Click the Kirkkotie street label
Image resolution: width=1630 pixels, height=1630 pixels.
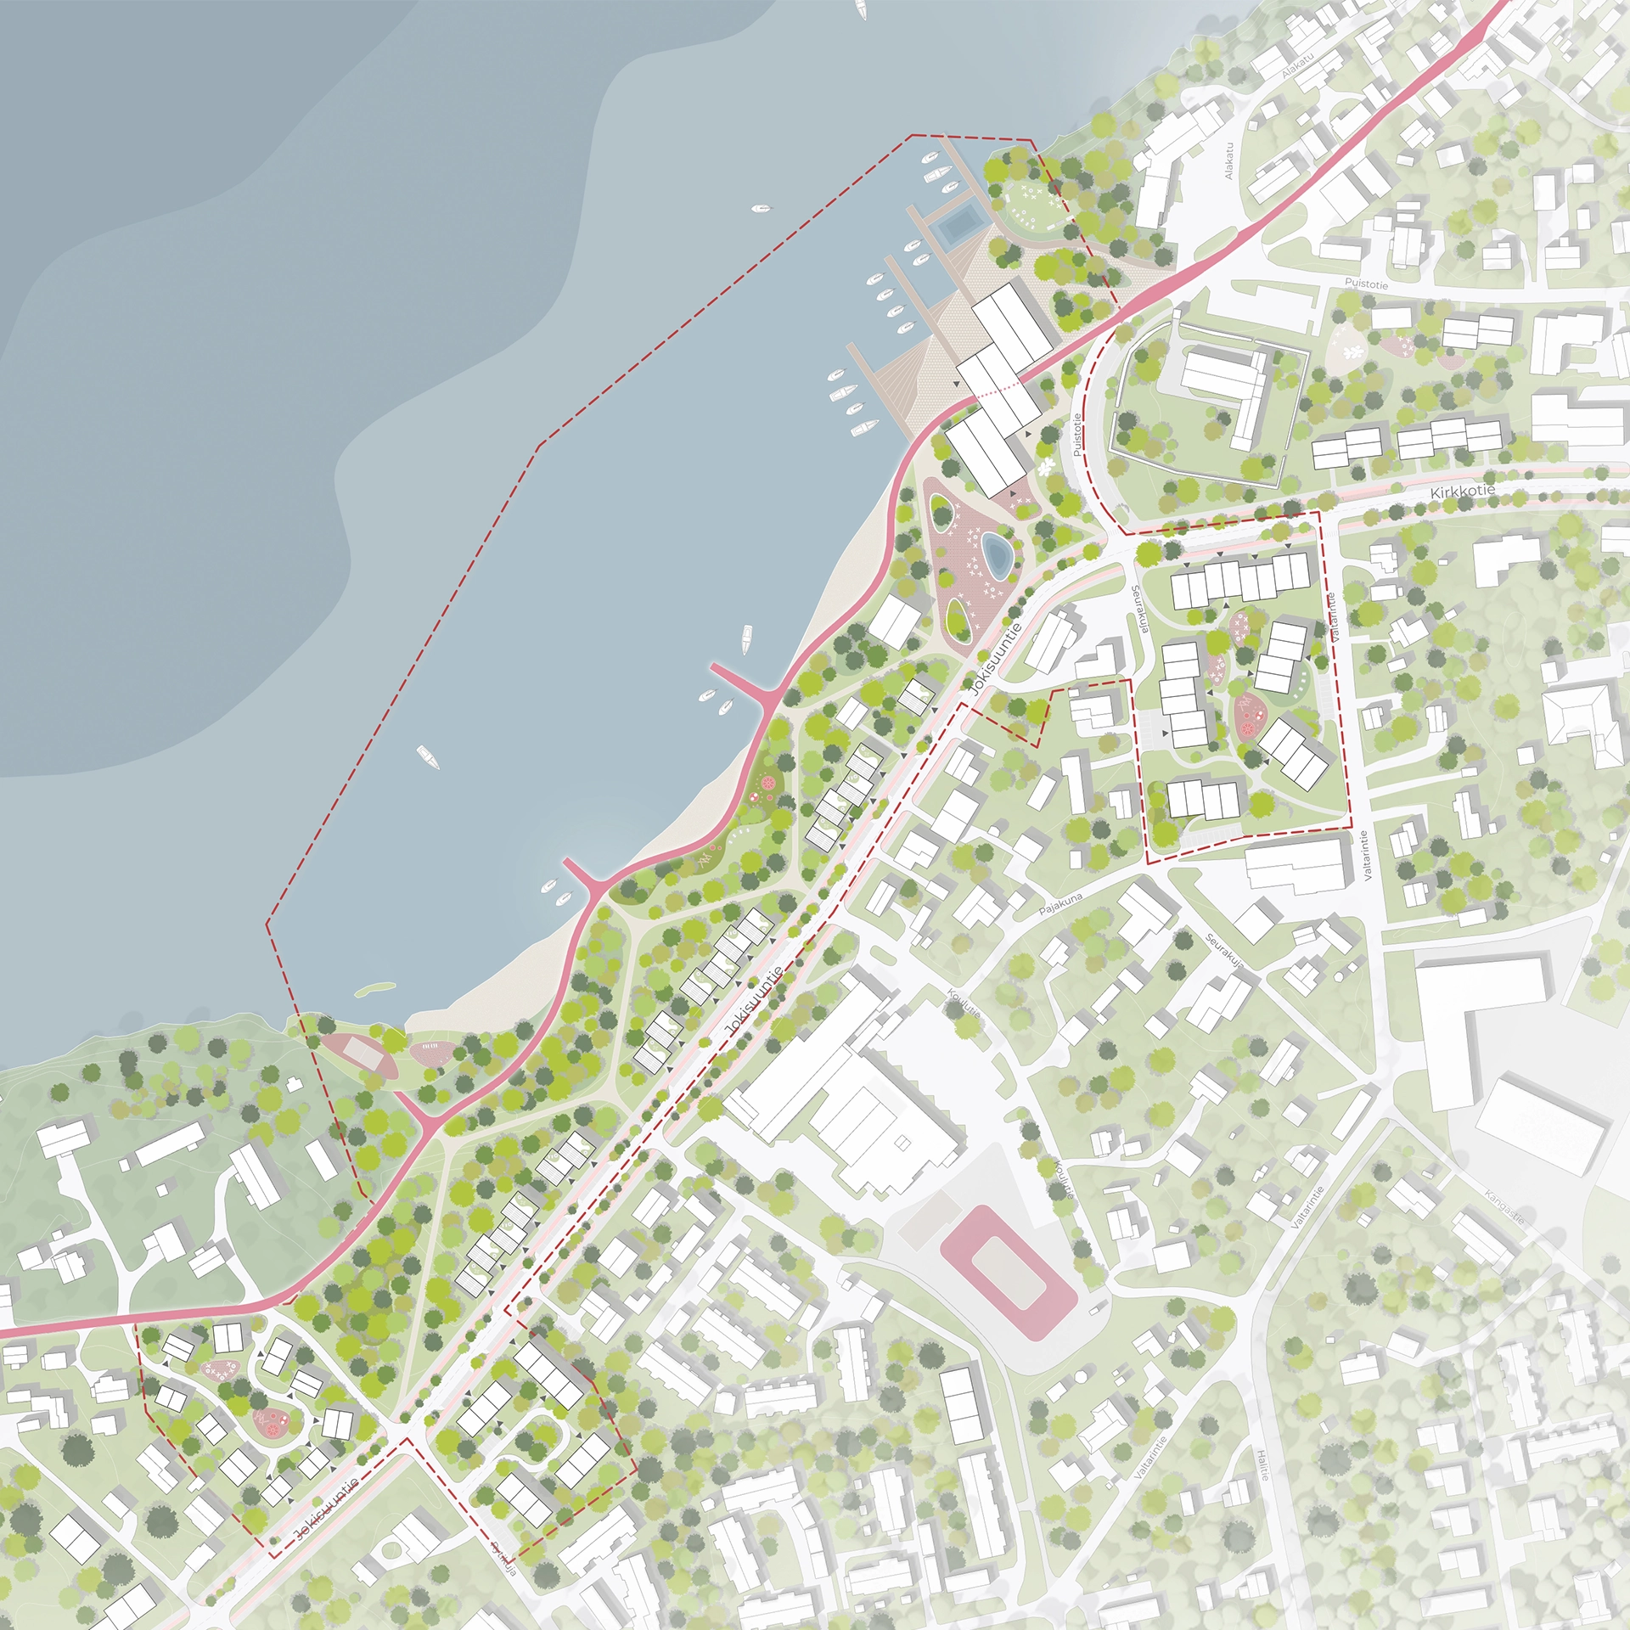point(1462,492)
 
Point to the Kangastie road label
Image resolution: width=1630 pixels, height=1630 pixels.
point(1505,1207)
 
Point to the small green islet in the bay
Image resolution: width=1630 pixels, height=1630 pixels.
point(374,989)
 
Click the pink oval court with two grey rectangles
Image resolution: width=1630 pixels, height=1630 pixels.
point(359,1055)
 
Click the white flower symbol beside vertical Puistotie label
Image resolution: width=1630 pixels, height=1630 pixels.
point(1045,466)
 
